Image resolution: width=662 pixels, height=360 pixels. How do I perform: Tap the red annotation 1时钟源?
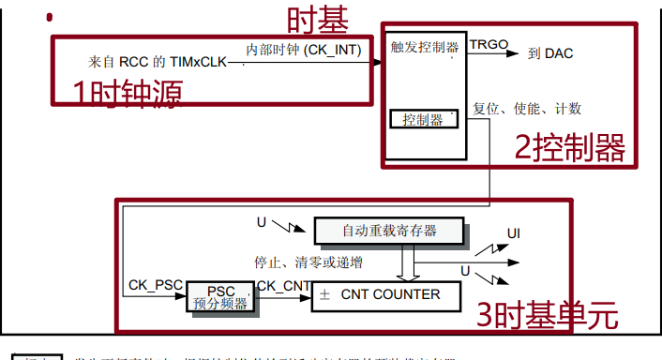(x=128, y=91)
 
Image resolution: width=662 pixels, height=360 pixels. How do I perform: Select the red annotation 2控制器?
(x=569, y=147)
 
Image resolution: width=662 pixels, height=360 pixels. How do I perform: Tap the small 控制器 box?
(x=423, y=119)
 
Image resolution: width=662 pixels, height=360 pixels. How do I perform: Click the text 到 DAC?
(x=550, y=53)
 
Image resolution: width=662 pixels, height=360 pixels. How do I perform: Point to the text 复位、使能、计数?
(x=528, y=109)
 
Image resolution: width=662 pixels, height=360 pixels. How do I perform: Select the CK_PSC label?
(x=154, y=284)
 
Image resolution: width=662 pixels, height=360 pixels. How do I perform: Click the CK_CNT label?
(x=282, y=284)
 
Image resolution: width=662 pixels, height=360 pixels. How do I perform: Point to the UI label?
(x=514, y=232)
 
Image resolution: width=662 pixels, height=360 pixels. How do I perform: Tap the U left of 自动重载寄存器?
(x=262, y=222)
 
